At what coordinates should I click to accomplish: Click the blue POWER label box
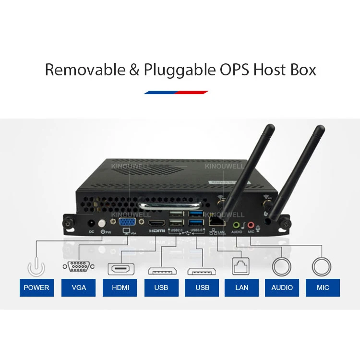click(x=36, y=288)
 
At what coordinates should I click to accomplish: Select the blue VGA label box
click(x=79, y=288)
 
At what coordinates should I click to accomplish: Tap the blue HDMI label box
click(x=120, y=288)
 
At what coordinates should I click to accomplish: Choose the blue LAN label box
click(x=242, y=288)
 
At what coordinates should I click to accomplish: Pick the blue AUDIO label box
click(x=282, y=288)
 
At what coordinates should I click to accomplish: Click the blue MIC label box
click(x=323, y=288)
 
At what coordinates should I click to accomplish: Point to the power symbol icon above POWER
click(x=36, y=265)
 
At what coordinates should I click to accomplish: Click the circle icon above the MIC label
click(x=321, y=266)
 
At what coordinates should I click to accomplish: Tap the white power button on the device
click(x=101, y=224)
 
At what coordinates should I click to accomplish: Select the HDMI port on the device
click(x=157, y=224)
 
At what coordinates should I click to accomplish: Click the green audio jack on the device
click(x=236, y=224)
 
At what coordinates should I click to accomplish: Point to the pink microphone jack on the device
click(x=251, y=224)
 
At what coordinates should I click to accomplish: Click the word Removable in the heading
click(x=85, y=70)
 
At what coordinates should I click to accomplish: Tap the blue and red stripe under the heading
click(x=176, y=92)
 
